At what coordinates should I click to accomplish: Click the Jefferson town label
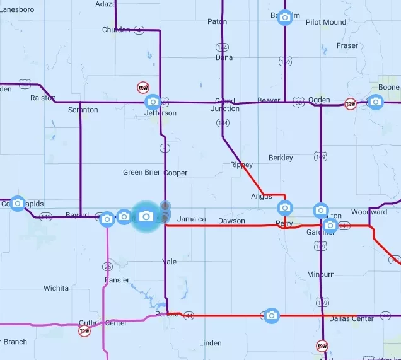[160, 113]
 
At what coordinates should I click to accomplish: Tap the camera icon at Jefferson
[153, 102]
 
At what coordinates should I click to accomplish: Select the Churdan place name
[116, 30]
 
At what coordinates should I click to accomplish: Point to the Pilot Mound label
[326, 22]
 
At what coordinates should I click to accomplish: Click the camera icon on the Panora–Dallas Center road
[271, 315]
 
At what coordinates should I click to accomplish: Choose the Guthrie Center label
[103, 323]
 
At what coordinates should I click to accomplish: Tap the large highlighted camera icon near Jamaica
[146, 216]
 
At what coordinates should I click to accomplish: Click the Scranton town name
[83, 110]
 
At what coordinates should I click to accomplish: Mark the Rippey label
[241, 165]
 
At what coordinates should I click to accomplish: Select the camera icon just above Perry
[285, 207]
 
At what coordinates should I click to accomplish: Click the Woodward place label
[369, 212]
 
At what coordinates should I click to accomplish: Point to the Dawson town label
[231, 221]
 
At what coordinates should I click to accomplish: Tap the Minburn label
[321, 275]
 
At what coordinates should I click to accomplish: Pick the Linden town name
[210, 344]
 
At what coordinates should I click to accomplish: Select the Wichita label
[56, 289]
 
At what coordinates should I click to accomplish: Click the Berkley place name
[281, 158]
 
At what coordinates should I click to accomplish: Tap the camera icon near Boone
[376, 102]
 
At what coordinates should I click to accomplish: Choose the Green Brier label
[141, 173]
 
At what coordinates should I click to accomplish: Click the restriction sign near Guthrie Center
[84, 331]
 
